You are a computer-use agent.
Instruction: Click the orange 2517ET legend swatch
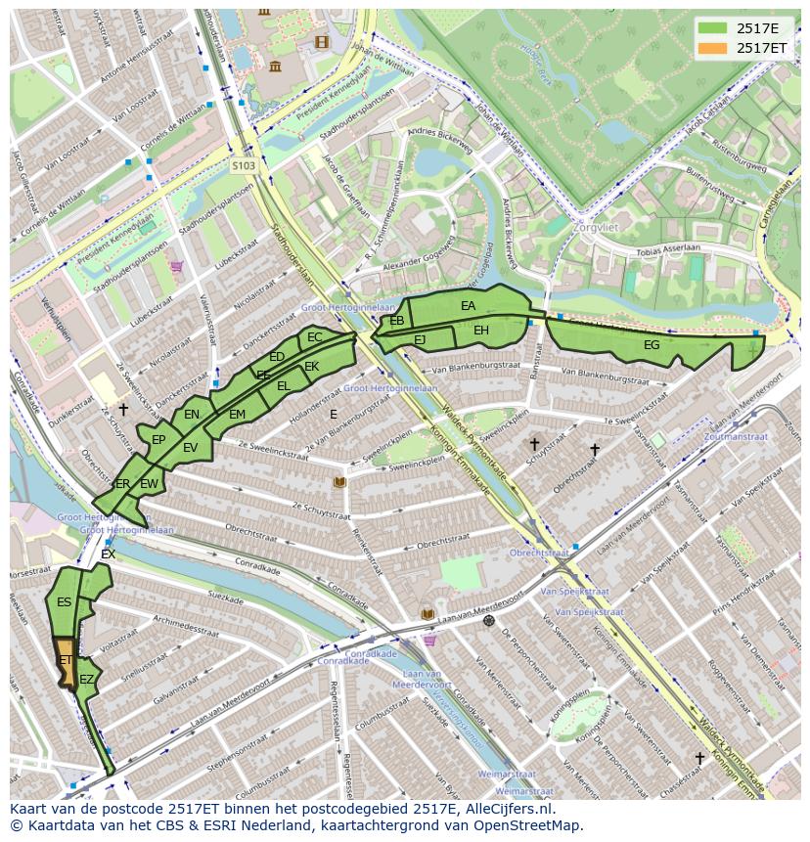pos(711,48)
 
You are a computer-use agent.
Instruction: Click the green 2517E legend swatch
pos(711,27)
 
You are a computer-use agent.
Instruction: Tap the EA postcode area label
pos(468,306)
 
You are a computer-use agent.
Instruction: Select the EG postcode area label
pos(652,345)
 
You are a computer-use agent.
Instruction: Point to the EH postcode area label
pos(481,331)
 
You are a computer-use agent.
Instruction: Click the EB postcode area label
pos(397,321)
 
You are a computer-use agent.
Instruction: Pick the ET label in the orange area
pos(66,661)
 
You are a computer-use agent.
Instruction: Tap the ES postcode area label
pos(64,602)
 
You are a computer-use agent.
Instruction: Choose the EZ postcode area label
pos(87,679)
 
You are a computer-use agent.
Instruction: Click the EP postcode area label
pos(158,440)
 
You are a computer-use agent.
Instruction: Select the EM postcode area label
pos(237,415)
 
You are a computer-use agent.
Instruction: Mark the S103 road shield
pos(244,166)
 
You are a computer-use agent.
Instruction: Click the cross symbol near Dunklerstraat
pos(122,409)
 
